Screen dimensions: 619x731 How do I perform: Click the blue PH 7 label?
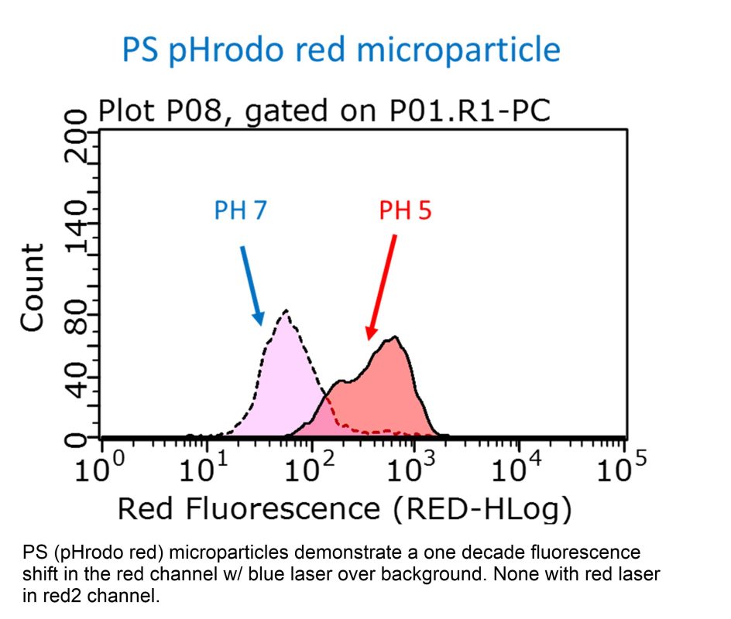tap(240, 211)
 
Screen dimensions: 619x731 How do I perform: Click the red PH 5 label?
tap(405, 210)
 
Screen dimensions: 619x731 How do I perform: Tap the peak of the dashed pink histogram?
tap(286, 311)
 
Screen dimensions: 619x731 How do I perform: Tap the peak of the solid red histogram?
tap(395, 337)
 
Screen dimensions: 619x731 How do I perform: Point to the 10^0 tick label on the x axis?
tap(102, 469)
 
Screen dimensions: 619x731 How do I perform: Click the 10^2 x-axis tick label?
tap(310, 469)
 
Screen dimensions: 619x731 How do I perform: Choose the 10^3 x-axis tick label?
tap(414, 469)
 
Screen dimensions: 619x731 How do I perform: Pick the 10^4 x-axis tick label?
tap(517, 469)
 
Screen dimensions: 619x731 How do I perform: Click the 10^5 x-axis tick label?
tap(621, 469)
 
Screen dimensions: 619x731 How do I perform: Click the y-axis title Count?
tap(33, 288)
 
